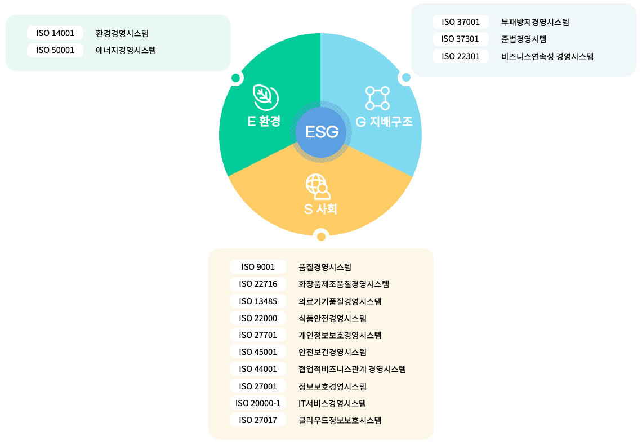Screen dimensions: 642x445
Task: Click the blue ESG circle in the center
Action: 321,132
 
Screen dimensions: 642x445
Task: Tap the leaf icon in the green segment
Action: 266,97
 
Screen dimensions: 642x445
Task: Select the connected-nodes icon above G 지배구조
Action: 377,98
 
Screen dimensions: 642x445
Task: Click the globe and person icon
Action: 318,186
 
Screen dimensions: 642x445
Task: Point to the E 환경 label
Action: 264,121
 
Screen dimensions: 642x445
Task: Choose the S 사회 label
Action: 320,209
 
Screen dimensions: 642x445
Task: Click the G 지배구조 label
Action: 384,122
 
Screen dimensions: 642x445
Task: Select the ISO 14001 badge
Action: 55,33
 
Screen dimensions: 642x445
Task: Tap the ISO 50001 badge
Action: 55,50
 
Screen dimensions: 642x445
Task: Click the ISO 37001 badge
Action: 461,22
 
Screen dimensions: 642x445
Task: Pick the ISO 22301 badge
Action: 461,56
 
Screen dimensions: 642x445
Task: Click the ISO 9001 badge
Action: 258,267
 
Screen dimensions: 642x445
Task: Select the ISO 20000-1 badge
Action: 258,403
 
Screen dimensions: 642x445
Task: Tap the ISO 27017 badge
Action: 258,420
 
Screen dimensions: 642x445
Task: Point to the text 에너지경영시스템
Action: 126,50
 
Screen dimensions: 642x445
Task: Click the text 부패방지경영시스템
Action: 535,22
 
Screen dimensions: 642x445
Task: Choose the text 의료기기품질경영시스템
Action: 340,301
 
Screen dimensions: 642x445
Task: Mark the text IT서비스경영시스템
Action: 332,403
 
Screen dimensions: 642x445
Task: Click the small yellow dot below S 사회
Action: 322,237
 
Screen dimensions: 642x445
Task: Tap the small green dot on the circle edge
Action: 236,78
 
